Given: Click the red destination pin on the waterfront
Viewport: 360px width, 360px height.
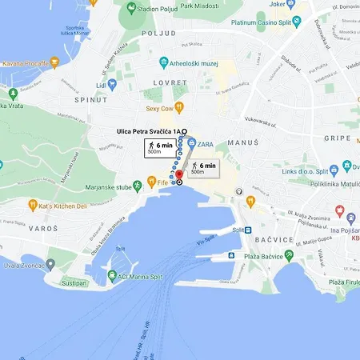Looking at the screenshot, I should tap(178, 175).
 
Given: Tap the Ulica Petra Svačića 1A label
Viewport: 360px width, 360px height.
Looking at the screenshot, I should tap(147, 130).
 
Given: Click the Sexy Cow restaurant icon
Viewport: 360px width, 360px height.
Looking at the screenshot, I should tap(180, 107).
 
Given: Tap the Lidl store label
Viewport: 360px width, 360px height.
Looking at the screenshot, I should tap(101, 85).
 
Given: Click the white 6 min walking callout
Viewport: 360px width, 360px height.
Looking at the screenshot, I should tap(156, 147).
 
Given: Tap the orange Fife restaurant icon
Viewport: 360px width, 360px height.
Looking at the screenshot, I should tap(172, 183).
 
